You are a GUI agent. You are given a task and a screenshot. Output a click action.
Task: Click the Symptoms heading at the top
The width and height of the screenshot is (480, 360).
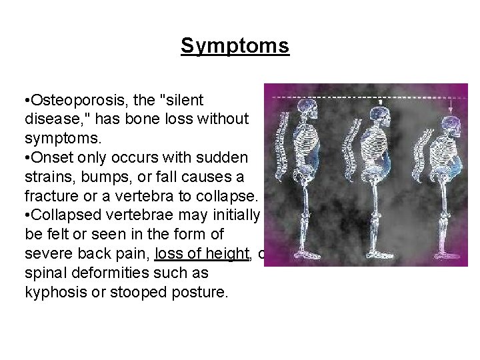[x=235, y=46]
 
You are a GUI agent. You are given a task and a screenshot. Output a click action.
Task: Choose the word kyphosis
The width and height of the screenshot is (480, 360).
[x=52, y=292]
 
